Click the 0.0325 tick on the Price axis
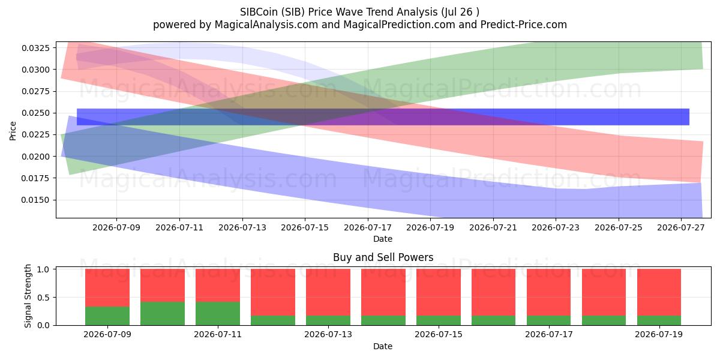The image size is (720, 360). [x=35, y=48]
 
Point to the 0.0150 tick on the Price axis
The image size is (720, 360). [x=35, y=200]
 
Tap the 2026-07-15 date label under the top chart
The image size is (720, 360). [x=305, y=227]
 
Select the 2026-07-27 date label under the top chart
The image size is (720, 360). [x=681, y=227]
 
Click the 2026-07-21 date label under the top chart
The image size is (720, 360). [x=493, y=227]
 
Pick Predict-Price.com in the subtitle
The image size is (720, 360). [x=524, y=25]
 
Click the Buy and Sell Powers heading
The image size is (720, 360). [x=383, y=257]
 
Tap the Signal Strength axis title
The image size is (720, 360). [x=28, y=296]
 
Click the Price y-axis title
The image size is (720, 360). [x=13, y=131]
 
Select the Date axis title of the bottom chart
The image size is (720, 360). [x=383, y=346]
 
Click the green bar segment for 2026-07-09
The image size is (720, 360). [x=107, y=316]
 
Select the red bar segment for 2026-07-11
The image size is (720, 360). [x=218, y=286]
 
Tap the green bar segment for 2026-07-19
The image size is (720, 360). [x=659, y=320]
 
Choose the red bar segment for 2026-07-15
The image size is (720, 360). [x=439, y=292]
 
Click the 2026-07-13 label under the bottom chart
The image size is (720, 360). [x=328, y=335]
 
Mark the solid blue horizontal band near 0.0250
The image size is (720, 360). [x=383, y=117]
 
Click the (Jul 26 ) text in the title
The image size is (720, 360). [x=460, y=12]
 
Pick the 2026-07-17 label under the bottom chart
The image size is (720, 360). [x=548, y=335]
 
